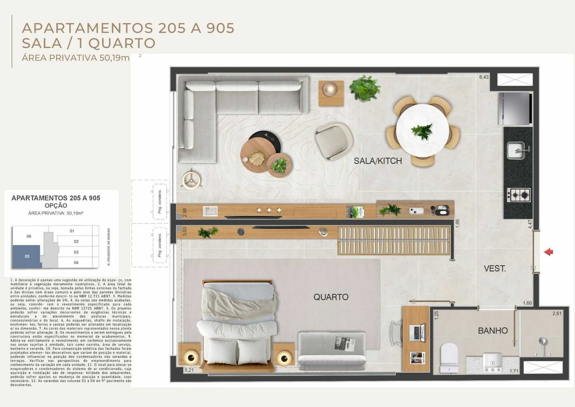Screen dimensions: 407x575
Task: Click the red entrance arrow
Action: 548,252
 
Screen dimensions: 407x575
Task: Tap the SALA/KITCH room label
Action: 378,161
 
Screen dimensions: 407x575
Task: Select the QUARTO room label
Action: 331,297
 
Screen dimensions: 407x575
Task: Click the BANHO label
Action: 493,330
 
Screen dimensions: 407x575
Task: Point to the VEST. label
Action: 494,268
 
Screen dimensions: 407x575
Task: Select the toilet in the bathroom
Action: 449,356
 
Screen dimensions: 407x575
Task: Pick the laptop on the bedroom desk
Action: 417,332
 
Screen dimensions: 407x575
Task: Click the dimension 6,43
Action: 484,77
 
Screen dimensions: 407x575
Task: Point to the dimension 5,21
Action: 189,370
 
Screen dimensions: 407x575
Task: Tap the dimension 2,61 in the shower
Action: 557,313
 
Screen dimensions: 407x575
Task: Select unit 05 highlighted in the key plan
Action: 27,257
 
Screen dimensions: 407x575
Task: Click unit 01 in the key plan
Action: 72,231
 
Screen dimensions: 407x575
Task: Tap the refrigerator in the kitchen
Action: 515,108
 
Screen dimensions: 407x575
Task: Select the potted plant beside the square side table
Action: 365,88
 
